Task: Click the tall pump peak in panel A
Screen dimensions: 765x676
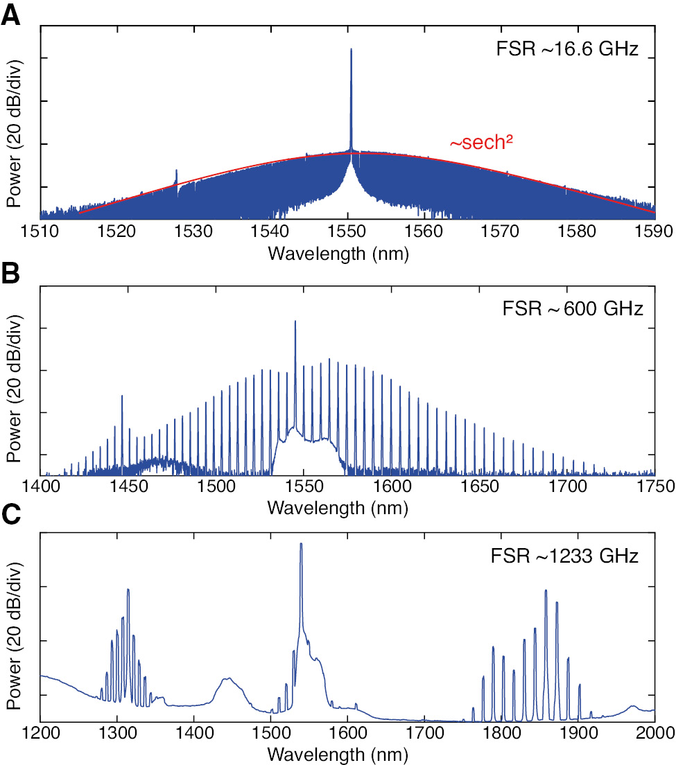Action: click(x=351, y=52)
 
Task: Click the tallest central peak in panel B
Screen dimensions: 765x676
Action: click(x=295, y=323)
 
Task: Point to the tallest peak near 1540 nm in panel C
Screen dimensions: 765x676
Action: click(x=301, y=546)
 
